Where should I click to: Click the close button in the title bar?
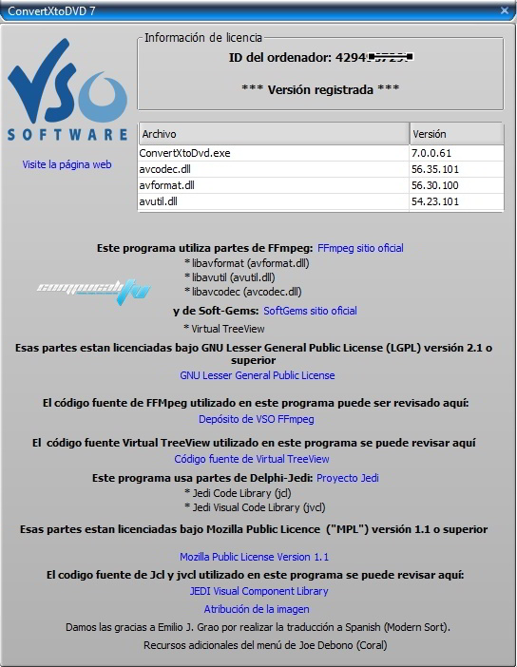pos(504,10)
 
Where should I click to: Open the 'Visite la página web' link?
pos(67,164)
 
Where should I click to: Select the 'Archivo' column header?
pos(274,134)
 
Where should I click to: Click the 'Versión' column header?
pos(456,134)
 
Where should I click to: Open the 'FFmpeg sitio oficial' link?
pos(360,248)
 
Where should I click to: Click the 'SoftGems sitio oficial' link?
pos(310,311)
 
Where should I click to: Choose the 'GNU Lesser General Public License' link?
pos(257,375)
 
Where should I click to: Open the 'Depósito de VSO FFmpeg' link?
pos(256,418)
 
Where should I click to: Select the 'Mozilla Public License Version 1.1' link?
pos(254,557)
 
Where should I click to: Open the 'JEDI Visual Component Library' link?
pos(258,591)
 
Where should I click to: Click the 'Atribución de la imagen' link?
pos(256,609)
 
